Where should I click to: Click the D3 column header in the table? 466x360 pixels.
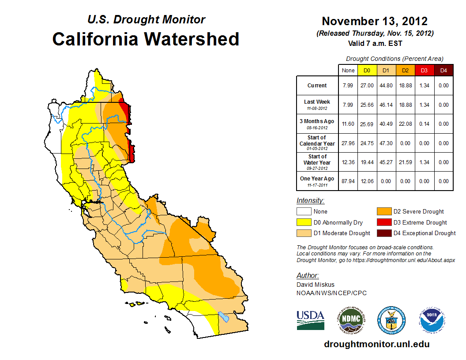click(424, 70)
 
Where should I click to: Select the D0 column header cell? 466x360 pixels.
click(367, 70)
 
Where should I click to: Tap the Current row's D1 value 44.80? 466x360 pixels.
click(387, 86)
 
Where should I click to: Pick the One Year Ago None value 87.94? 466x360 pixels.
click(348, 181)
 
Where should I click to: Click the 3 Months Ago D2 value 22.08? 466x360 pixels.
click(406, 124)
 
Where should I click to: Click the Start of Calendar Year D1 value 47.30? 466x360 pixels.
click(387, 143)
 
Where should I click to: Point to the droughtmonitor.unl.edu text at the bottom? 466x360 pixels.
click(376, 344)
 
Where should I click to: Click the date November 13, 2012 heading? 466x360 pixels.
click(375, 21)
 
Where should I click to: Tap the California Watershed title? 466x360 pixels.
click(146, 39)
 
